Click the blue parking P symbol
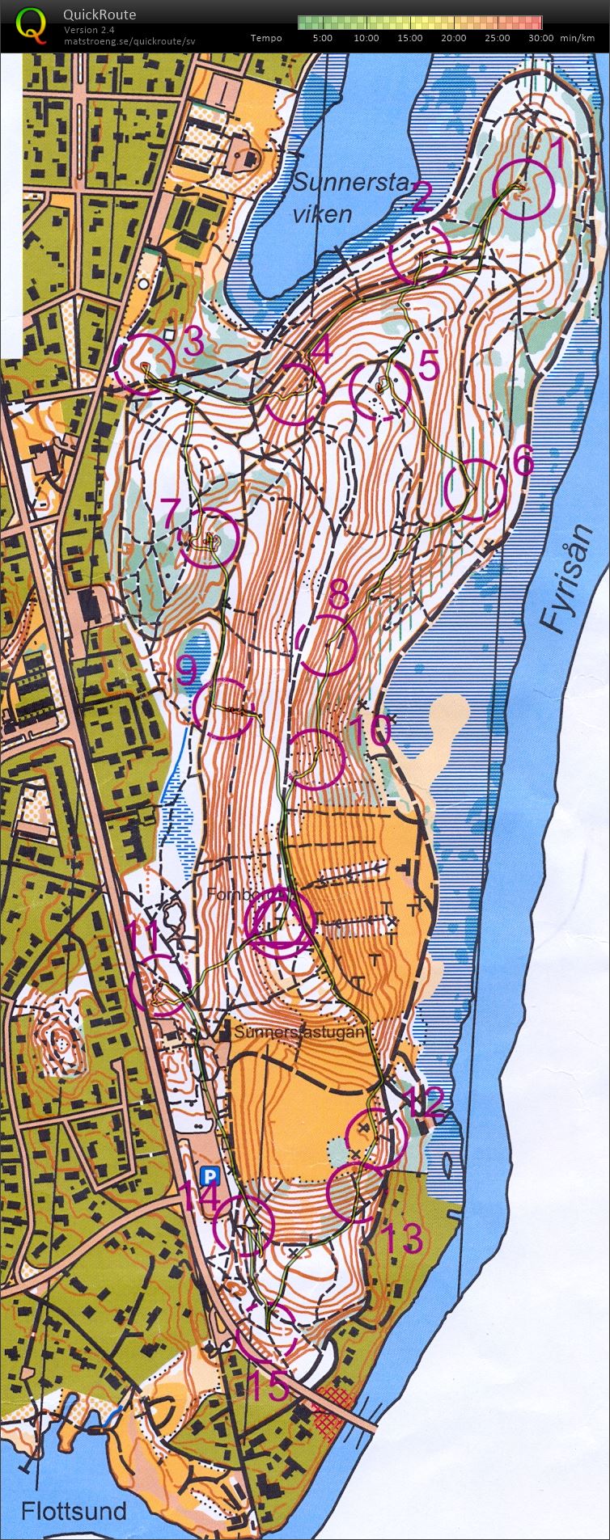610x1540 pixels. [x=210, y=1175]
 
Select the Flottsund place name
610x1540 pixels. [x=74, y=1509]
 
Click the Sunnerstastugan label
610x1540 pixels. [x=301, y=1032]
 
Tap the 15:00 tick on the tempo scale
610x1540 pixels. [x=410, y=38]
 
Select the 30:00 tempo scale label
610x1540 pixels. [x=540, y=38]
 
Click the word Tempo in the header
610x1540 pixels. [x=266, y=38]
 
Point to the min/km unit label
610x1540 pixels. [x=579, y=38]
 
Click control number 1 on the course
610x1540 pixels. [x=557, y=150]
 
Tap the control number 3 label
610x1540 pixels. [x=192, y=344]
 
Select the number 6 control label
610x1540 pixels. [x=523, y=462]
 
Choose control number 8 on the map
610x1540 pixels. [x=339, y=594]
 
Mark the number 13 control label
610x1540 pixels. [x=401, y=1238]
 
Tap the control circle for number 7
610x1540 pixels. [x=209, y=538]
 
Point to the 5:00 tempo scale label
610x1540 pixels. [x=322, y=38]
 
